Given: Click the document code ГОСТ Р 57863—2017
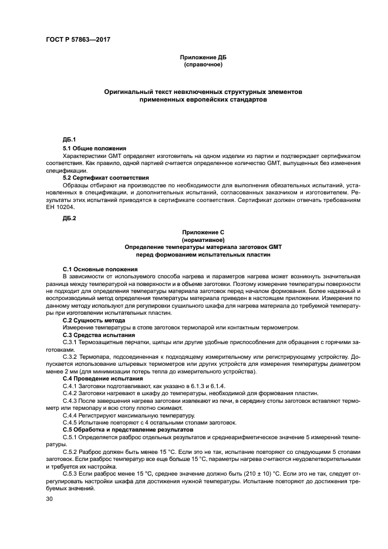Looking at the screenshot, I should tap(77, 39).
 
